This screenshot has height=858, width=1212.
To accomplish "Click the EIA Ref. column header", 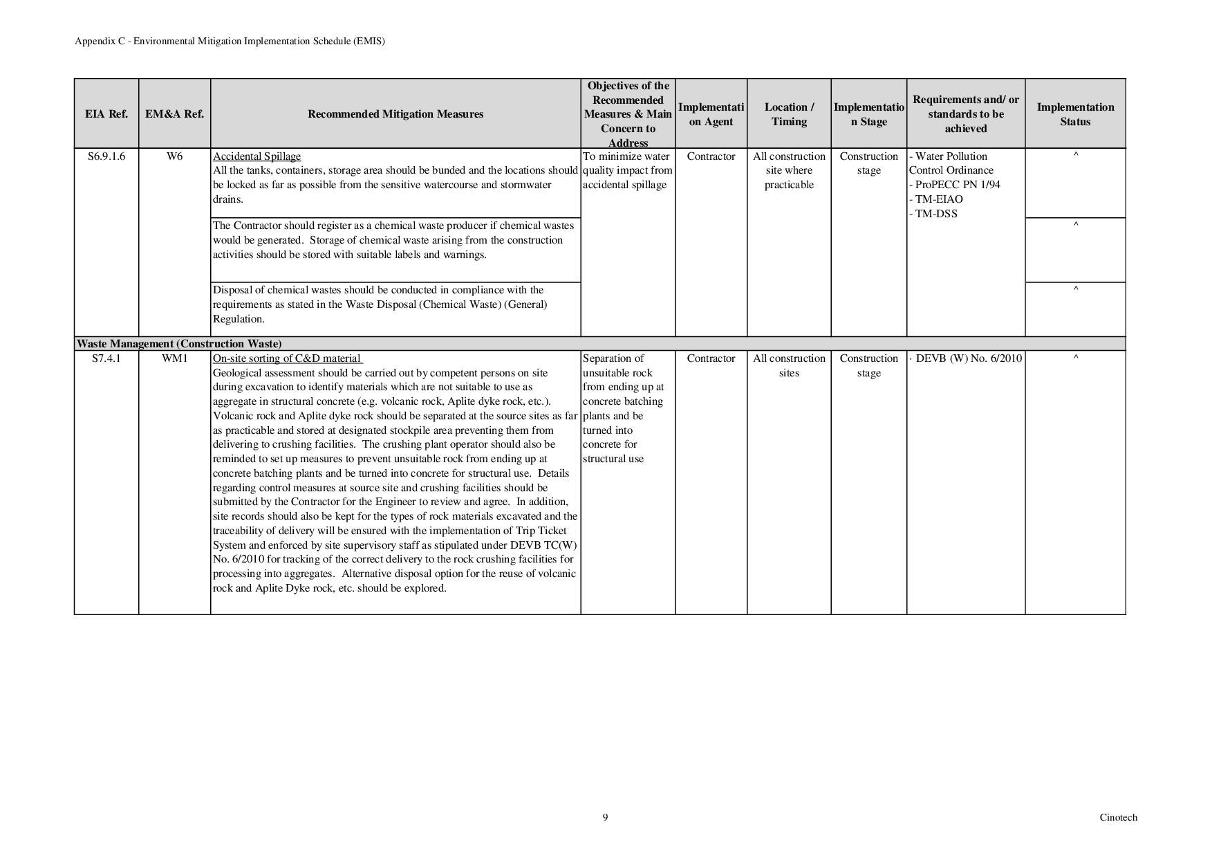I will coord(106,114).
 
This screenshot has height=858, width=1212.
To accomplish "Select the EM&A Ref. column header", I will coord(174,114).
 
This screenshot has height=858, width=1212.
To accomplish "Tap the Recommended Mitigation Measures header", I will coord(395,114).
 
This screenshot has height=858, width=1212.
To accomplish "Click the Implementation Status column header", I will coord(1075,114).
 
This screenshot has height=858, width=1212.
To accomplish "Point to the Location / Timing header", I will coord(789,114).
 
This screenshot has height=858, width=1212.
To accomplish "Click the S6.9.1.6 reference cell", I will coord(106,156).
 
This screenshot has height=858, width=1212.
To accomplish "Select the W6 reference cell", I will coord(174,156).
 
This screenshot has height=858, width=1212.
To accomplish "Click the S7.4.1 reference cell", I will coord(106,358).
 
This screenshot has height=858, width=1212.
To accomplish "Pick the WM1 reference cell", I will coord(174,358).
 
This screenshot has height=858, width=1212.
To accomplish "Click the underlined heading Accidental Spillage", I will coord(257,156).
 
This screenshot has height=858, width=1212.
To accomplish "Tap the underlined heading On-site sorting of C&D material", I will coord(287,358).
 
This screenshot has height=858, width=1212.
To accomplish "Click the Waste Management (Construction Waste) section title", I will coord(179,344).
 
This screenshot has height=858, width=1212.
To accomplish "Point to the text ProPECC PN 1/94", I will coord(958,185).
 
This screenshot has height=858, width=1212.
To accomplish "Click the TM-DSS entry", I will coord(936,214).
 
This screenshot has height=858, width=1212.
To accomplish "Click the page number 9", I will coord(605,817).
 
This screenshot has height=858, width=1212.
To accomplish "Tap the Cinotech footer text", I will coord(1118,817).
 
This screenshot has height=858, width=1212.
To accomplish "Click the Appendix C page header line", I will coord(230,41).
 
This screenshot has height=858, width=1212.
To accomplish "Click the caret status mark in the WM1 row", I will coord(1076,358).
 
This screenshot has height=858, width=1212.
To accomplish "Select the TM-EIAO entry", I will coord(939,199).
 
